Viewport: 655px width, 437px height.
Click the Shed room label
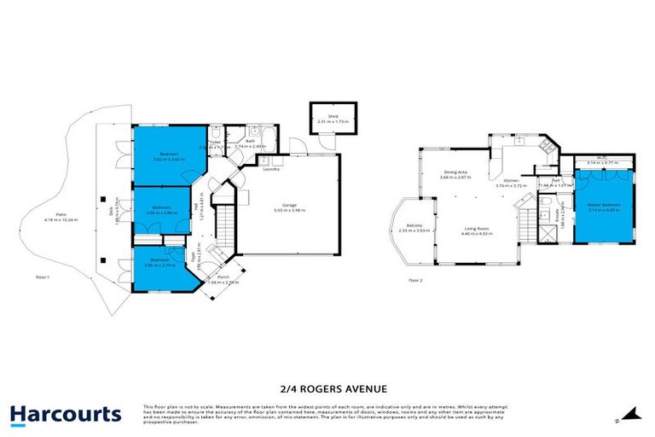tap(323, 119)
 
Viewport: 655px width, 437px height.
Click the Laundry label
tap(271, 169)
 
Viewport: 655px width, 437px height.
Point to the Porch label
tap(223, 277)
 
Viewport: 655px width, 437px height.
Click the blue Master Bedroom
tap(604, 207)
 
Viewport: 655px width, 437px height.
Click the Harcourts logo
tap(66, 414)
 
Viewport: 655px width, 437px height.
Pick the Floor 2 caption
tap(415, 280)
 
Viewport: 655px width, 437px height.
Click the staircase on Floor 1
tap(223, 223)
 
